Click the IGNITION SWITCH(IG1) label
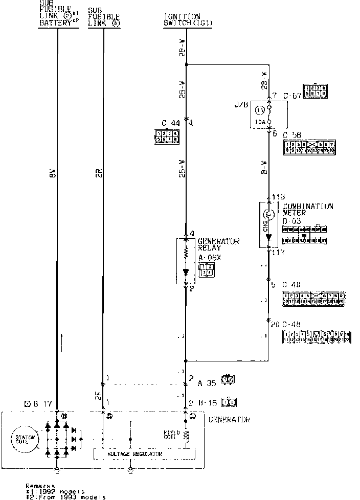[x=182, y=20]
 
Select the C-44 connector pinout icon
[x=167, y=135]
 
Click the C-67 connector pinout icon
[x=315, y=90]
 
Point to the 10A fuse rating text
[x=260, y=122]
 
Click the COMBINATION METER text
[x=308, y=210]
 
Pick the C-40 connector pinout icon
[x=313, y=299]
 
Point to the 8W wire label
[x=53, y=174]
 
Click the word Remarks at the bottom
[x=41, y=486]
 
